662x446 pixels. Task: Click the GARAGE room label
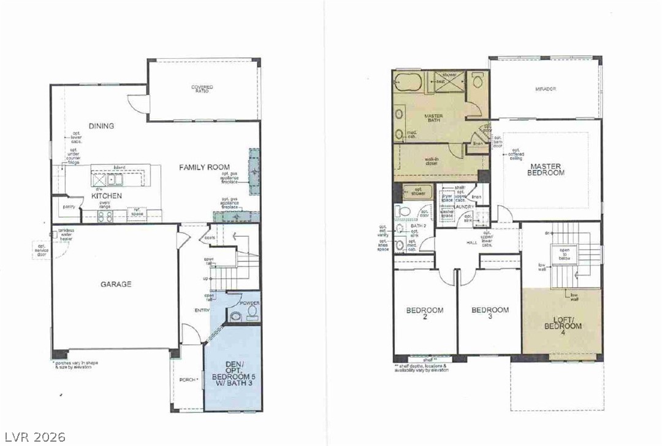tap(116, 284)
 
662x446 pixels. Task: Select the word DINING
tap(101, 126)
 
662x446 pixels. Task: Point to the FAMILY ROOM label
tap(204, 167)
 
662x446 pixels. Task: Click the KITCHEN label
tap(107, 196)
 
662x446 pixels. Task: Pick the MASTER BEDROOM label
tap(547, 169)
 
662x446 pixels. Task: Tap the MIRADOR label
tap(545, 89)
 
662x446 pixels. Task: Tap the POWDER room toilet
tap(251, 313)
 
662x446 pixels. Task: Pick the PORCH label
tap(188, 380)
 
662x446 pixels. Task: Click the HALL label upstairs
tap(471, 243)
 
